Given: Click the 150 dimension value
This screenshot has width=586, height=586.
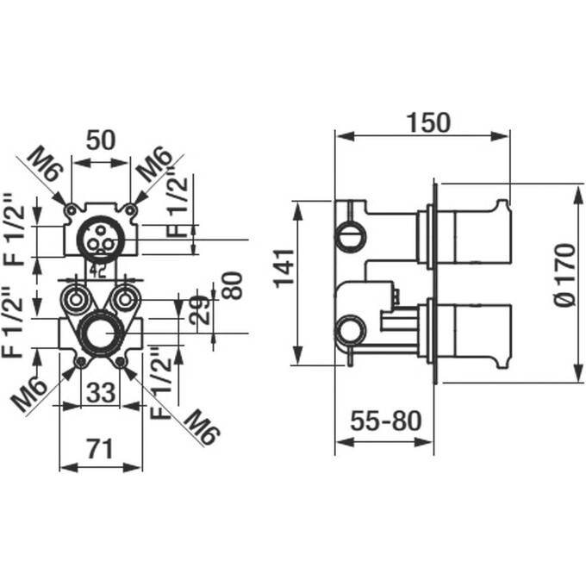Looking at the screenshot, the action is point(428,122).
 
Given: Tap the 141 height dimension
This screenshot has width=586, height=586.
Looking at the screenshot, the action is point(285,268).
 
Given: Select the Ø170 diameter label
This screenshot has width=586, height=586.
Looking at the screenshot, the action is point(564,275).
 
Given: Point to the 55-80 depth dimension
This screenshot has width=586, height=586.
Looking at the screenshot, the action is point(386,421).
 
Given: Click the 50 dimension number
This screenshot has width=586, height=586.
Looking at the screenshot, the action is point(101,140).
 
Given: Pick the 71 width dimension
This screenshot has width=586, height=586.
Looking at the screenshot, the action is point(100,449).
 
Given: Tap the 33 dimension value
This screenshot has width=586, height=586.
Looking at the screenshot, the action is point(101,392).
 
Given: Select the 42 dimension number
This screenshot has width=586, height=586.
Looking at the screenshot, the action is point(97,271).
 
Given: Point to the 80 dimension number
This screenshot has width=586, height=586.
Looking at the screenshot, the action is point(232,285).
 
